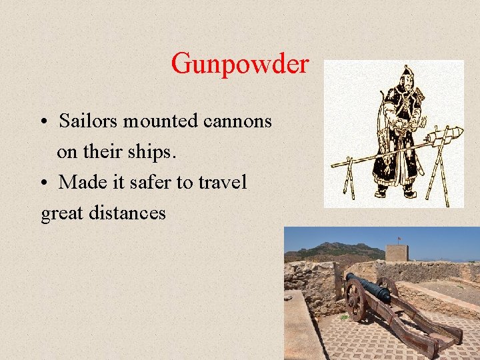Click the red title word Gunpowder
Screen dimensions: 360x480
pyautogui.click(x=240, y=64)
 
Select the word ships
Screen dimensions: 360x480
pyautogui.click(x=154, y=151)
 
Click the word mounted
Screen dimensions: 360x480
pyautogui.click(x=166, y=121)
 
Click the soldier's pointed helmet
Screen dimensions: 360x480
pyautogui.click(x=406, y=72)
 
